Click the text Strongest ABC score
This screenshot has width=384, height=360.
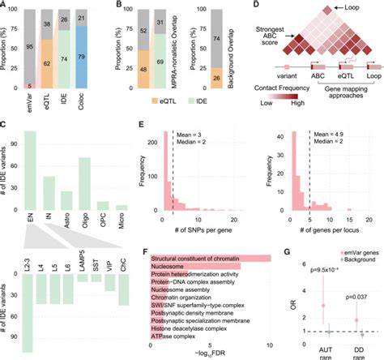click(x=271, y=35)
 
